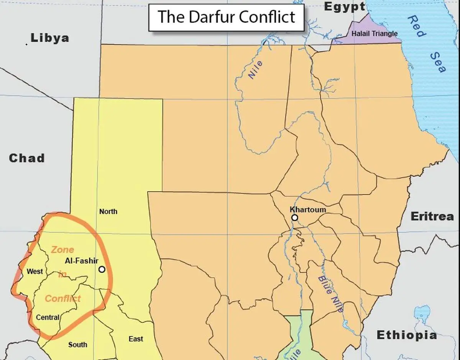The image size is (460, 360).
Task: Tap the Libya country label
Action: click(50, 38)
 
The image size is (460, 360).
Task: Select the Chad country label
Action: click(27, 158)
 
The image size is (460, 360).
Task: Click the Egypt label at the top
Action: click(345, 7)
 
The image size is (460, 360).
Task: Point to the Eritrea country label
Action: click(432, 216)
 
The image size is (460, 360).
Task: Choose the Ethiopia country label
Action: click(407, 335)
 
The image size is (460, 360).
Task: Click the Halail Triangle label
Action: click(375, 34)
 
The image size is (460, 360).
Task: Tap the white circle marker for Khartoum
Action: click(294, 218)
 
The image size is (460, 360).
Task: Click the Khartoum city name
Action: click(308, 209)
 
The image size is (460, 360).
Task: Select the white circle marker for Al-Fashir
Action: click(102, 269)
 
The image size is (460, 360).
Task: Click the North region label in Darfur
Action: click(108, 211)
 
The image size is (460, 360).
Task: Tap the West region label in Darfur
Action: click(34, 272)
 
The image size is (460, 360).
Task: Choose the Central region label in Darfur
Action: click(48, 317)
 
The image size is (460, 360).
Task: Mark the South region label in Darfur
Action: click(77, 345)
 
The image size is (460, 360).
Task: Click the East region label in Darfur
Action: click(136, 339)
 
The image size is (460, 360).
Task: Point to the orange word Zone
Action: click(62, 250)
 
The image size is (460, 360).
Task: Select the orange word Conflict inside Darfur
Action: click(63, 298)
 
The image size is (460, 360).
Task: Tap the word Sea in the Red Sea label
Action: click(437, 62)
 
